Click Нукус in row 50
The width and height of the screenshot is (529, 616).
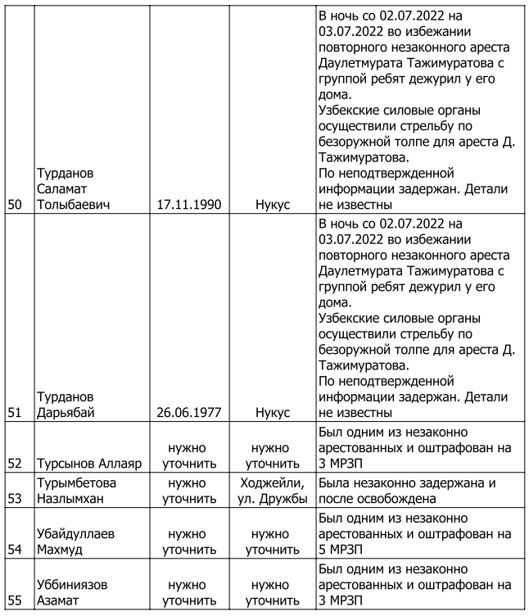point(273,204)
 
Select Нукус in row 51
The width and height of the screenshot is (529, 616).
point(273,412)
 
